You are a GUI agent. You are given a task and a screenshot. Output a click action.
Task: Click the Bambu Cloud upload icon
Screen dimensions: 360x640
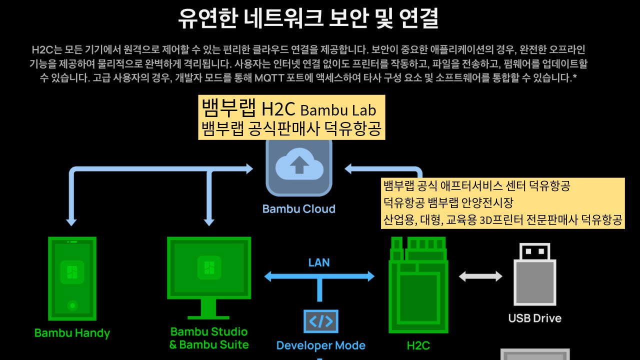[x=299, y=167]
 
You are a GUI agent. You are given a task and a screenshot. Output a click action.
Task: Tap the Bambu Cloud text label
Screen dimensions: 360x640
[x=298, y=209]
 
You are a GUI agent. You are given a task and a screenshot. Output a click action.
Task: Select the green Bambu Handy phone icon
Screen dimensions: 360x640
[x=72, y=278]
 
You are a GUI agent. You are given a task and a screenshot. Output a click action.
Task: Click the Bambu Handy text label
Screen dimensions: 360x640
[x=72, y=333]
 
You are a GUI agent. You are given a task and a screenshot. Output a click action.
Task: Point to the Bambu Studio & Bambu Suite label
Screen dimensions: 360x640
[x=208, y=338]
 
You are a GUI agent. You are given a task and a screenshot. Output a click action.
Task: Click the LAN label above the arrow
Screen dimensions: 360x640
[x=318, y=262]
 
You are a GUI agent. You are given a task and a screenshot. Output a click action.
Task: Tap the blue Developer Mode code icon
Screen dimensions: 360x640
[x=320, y=321]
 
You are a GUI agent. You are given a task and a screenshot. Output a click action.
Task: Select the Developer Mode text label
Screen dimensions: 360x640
[x=320, y=345]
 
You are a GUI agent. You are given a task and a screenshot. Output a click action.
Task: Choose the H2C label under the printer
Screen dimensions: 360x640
[x=418, y=345]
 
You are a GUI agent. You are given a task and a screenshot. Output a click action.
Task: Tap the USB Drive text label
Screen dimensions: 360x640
[x=534, y=318]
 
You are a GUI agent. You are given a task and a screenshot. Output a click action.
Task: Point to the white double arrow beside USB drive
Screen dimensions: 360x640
[x=480, y=276]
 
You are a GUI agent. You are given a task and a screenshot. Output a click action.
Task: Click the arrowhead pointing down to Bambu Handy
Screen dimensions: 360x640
[x=71, y=221]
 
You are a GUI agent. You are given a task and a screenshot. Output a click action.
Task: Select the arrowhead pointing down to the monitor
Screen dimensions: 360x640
[x=209, y=221]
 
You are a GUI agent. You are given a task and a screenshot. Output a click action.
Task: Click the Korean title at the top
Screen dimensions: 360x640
[x=308, y=19]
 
